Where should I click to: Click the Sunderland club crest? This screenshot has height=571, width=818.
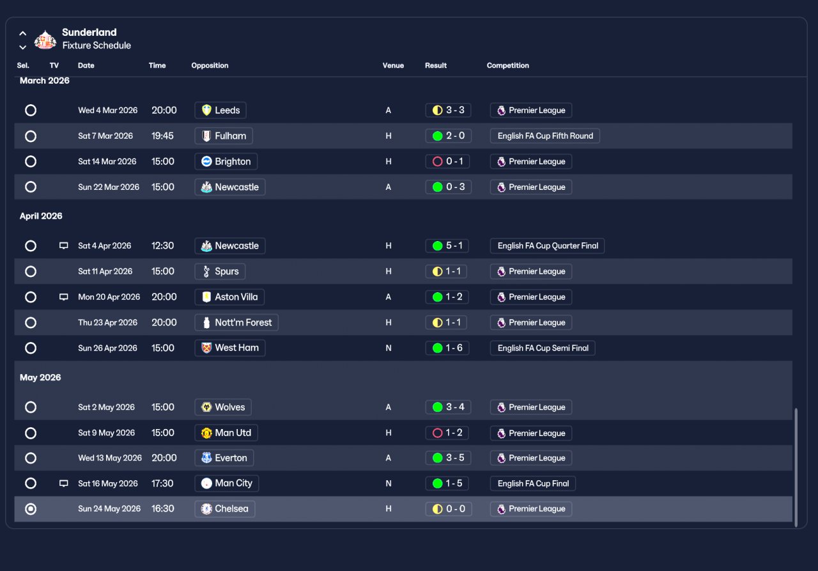point(45,39)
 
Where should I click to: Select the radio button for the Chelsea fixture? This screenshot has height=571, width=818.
point(31,509)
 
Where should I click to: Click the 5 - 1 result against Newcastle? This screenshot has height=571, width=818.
point(447,246)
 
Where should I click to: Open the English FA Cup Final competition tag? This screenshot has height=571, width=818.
point(533,483)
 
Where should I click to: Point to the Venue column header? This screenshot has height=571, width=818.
point(393,65)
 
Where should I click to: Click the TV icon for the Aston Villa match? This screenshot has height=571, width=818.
point(63,297)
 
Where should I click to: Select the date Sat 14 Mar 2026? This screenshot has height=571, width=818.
point(107,162)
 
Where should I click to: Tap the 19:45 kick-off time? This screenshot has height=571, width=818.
point(162,136)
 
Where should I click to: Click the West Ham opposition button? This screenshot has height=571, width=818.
point(230,348)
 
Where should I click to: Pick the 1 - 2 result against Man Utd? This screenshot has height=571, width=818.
point(447,433)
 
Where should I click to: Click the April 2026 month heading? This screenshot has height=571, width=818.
point(41,216)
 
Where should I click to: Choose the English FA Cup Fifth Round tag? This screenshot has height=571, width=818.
point(545,136)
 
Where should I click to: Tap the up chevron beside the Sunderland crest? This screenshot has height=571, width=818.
point(22,34)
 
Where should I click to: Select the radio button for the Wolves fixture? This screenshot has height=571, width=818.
point(31,407)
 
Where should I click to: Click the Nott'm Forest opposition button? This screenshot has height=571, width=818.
point(236,322)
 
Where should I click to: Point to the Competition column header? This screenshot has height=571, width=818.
point(507,65)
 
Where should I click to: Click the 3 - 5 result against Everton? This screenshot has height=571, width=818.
point(449,458)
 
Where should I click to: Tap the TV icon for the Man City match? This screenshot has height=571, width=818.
point(63,483)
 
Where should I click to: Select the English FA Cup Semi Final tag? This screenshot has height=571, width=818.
point(543,348)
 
